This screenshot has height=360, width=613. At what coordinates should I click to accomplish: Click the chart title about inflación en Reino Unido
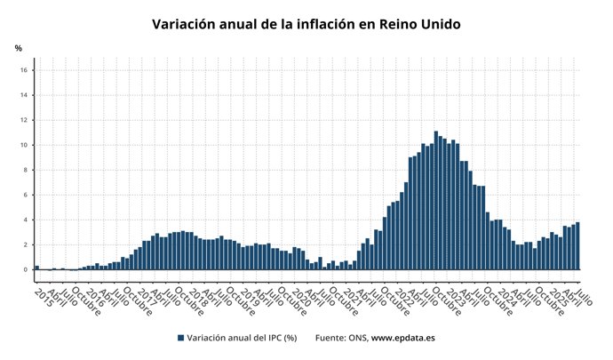(306, 24)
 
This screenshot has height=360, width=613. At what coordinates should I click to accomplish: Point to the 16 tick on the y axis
(26, 70)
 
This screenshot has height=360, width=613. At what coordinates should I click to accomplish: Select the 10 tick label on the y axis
(26, 145)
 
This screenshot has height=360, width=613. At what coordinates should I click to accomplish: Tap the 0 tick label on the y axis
(28, 269)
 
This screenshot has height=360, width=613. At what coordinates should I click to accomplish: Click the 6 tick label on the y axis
(28, 195)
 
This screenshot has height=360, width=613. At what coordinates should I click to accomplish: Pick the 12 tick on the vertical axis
(26, 120)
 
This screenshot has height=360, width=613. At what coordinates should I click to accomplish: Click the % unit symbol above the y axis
(19, 48)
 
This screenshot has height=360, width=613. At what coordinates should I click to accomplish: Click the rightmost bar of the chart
(577, 245)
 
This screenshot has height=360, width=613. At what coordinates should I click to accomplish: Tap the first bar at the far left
(36, 267)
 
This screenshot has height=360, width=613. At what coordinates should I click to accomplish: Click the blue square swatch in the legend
(180, 338)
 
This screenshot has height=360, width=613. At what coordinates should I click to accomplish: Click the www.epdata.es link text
(402, 338)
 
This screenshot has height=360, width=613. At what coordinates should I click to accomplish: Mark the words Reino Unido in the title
(419, 24)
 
